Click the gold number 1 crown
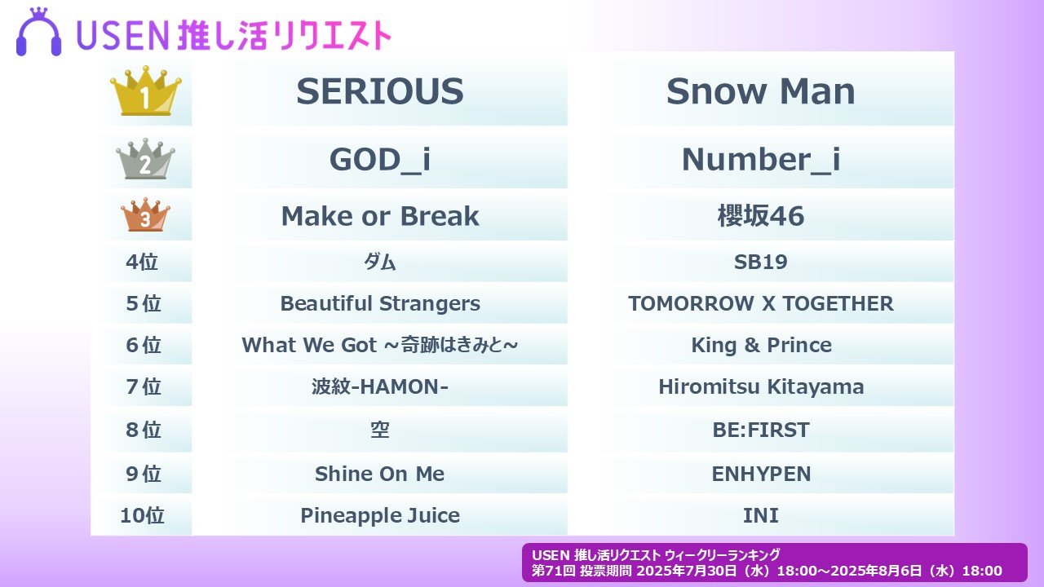(x=146, y=91)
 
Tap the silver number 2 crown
(x=145, y=159)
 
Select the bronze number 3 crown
(x=145, y=214)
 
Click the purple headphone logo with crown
(x=38, y=32)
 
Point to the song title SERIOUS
(x=380, y=91)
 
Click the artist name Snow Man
(x=761, y=91)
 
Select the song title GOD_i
(x=380, y=159)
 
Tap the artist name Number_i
(x=761, y=159)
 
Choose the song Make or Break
(x=380, y=216)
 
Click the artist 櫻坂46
(x=761, y=216)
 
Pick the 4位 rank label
(x=142, y=262)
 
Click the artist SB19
(x=761, y=262)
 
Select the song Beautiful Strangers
(x=380, y=304)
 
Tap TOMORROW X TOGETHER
(x=761, y=304)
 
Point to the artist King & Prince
(x=761, y=345)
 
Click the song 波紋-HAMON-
(x=380, y=386)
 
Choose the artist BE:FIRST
(x=761, y=430)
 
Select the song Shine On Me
(x=380, y=474)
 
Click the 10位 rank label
(x=142, y=515)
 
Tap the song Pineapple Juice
(x=380, y=516)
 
